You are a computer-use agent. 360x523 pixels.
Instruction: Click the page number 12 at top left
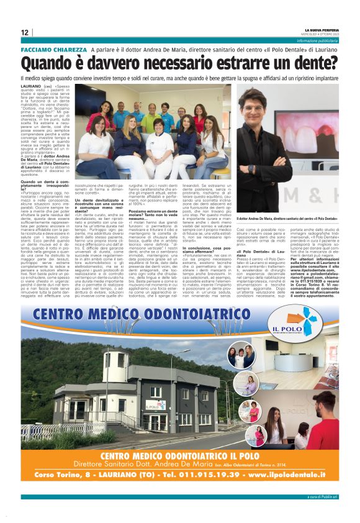[25, 33]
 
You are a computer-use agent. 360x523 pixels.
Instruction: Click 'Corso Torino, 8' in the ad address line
[66, 474]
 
